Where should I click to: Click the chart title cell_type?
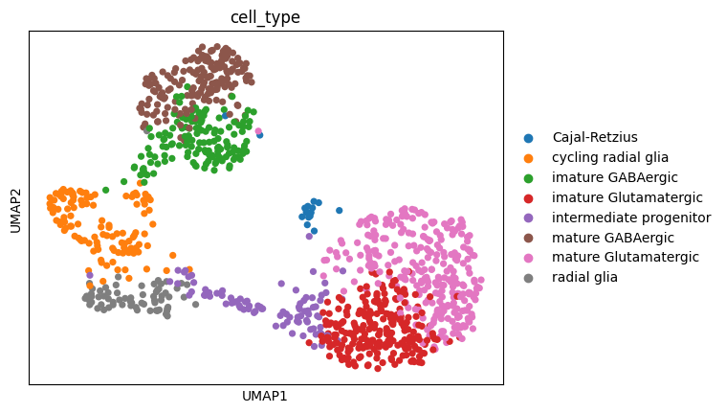[x=266, y=18]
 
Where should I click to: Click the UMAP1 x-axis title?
[x=266, y=396]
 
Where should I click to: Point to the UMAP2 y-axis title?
[x=15, y=208]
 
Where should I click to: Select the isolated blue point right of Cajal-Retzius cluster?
[x=339, y=210]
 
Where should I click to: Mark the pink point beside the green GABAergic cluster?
[x=257, y=131]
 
